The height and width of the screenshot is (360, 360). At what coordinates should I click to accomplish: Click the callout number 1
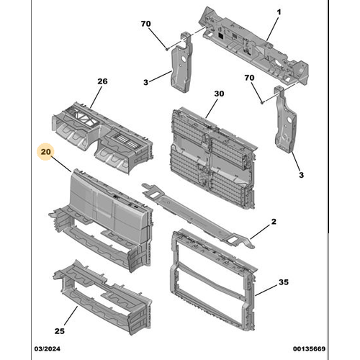pyautogui.click(x=279, y=12)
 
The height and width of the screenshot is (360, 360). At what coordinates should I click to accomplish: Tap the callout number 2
pyautogui.click(x=274, y=222)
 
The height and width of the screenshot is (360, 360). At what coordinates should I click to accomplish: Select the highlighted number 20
pyautogui.click(x=45, y=152)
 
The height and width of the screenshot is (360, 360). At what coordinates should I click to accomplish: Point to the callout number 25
pyautogui.click(x=60, y=331)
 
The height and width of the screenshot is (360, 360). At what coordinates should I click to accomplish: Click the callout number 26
pyautogui.click(x=102, y=81)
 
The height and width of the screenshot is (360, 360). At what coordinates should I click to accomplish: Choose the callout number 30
pyautogui.click(x=219, y=94)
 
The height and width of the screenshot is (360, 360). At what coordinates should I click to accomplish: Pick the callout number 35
pyautogui.click(x=284, y=282)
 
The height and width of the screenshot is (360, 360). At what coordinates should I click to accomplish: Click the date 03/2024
pyautogui.click(x=48, y=348)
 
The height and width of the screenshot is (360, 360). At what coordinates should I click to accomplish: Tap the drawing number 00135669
pyautogui.click(x=309, y=348)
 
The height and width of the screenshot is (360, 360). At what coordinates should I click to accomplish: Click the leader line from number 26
pyautogui.click(x=96, y=97)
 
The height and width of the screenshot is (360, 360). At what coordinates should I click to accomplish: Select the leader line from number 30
pyautogui.click(x=212, y=109)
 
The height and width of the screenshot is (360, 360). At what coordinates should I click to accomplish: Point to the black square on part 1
pyautogui.click(x=221, y=36)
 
